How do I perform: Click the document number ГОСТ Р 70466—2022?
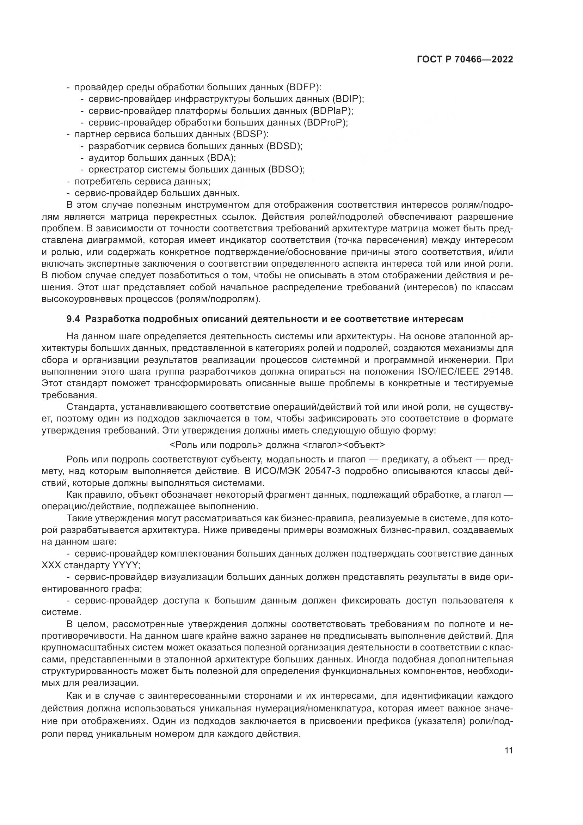tap(465, 60)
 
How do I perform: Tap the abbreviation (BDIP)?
tap(348, 99)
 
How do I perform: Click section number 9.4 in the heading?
tap(74, 319)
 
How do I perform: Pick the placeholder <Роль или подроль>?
tap(216, 445)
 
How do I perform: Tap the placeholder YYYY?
tap(125, 565)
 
